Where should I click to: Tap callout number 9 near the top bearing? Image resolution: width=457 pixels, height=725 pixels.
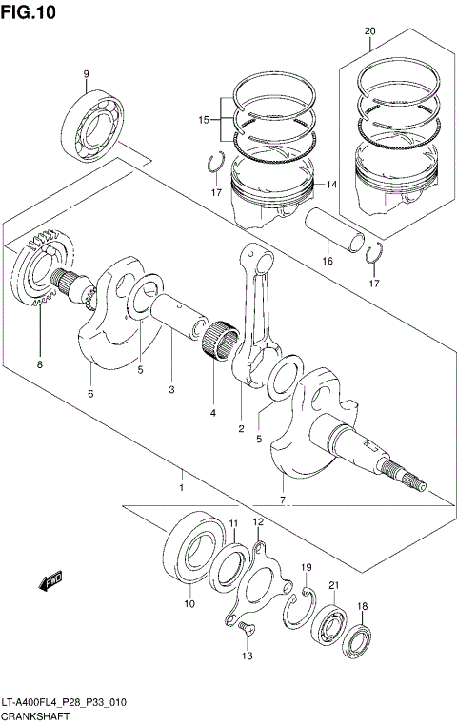point(86,73)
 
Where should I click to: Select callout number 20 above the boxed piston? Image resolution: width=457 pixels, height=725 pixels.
point(369,31)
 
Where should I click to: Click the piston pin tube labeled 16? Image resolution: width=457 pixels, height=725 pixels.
point(338,230)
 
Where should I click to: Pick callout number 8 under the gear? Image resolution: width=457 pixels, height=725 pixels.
point(41,362)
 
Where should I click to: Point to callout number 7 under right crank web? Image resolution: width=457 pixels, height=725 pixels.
point(283,500)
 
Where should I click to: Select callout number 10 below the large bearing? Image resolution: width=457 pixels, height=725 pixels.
point(189,603)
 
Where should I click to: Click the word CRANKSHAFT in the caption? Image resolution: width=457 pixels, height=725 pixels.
point(34,715)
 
